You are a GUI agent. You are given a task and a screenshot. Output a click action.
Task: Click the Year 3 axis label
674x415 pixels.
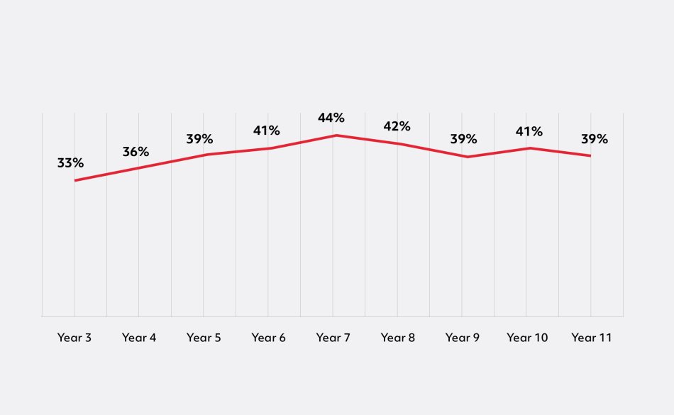(x=74, y=338)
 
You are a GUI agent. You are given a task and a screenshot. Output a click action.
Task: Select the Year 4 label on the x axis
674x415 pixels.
(x=139, y=338)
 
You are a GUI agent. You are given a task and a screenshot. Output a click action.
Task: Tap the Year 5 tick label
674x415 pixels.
(x=204, y=338)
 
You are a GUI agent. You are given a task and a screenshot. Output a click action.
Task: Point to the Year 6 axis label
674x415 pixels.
(x=268, y=338)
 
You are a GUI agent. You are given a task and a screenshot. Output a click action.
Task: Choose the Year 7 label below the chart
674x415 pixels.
(x=333, y=338)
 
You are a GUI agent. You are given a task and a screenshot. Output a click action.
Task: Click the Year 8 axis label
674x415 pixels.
(x=398, y=338)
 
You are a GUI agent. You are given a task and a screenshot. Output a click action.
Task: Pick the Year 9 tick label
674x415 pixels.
(x=463, y=338)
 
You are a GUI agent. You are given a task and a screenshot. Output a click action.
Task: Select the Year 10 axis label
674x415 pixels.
(x=527, y=338)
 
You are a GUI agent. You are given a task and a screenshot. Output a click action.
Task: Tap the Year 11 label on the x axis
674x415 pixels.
(x=592, y=338)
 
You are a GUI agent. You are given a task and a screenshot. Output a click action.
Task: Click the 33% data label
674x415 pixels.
(x=70, y=162)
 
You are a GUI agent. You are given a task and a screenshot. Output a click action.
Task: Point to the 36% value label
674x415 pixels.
(x=136, y=152)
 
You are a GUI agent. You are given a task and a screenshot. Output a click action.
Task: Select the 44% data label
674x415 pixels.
(x=331, y=118)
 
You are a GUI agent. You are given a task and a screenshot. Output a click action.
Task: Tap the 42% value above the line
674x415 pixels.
(x=397, y=126)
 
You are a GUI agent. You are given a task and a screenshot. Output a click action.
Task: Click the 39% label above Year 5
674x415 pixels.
(x=200, y=139)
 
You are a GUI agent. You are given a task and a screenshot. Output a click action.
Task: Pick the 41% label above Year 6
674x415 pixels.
(x=267, y=131)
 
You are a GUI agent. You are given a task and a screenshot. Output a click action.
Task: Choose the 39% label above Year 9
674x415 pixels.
(x=463, y=139)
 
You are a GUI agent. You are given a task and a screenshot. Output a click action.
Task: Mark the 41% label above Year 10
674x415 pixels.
(x=529, y=131)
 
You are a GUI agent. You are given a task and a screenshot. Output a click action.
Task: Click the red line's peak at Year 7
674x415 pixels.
(x=333, y=135)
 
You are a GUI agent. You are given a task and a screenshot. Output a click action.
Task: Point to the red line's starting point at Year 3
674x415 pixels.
(x=74, y=180)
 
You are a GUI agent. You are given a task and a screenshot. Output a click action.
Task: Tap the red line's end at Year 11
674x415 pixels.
(x=591, y=155)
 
